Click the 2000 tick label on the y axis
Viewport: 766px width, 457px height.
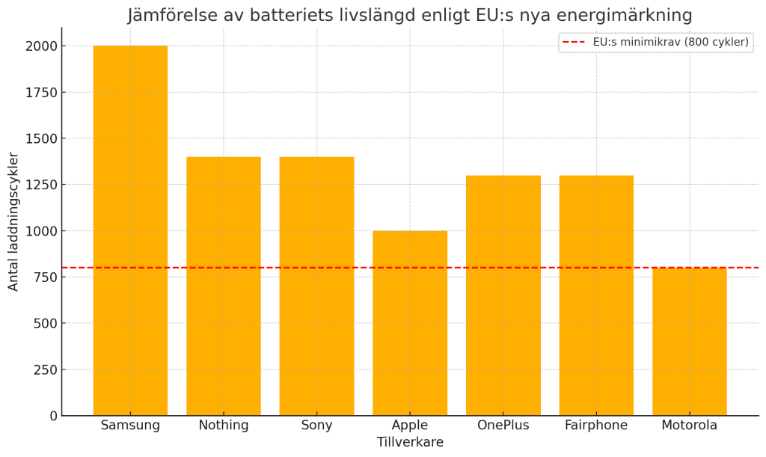pos(40,46)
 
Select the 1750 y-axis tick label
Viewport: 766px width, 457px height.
pos(40,93)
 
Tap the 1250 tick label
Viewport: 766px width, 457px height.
pos(40,185)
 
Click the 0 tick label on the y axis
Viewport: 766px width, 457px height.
pos(53,416)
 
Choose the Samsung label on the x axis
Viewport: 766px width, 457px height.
pos(130,426)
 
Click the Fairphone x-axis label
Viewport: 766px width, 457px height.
pos(596,426)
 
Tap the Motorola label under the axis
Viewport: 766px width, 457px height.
pos(690,426)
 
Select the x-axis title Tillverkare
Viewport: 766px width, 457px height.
pos(410,442)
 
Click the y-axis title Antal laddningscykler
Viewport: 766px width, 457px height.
pos(13,221)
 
